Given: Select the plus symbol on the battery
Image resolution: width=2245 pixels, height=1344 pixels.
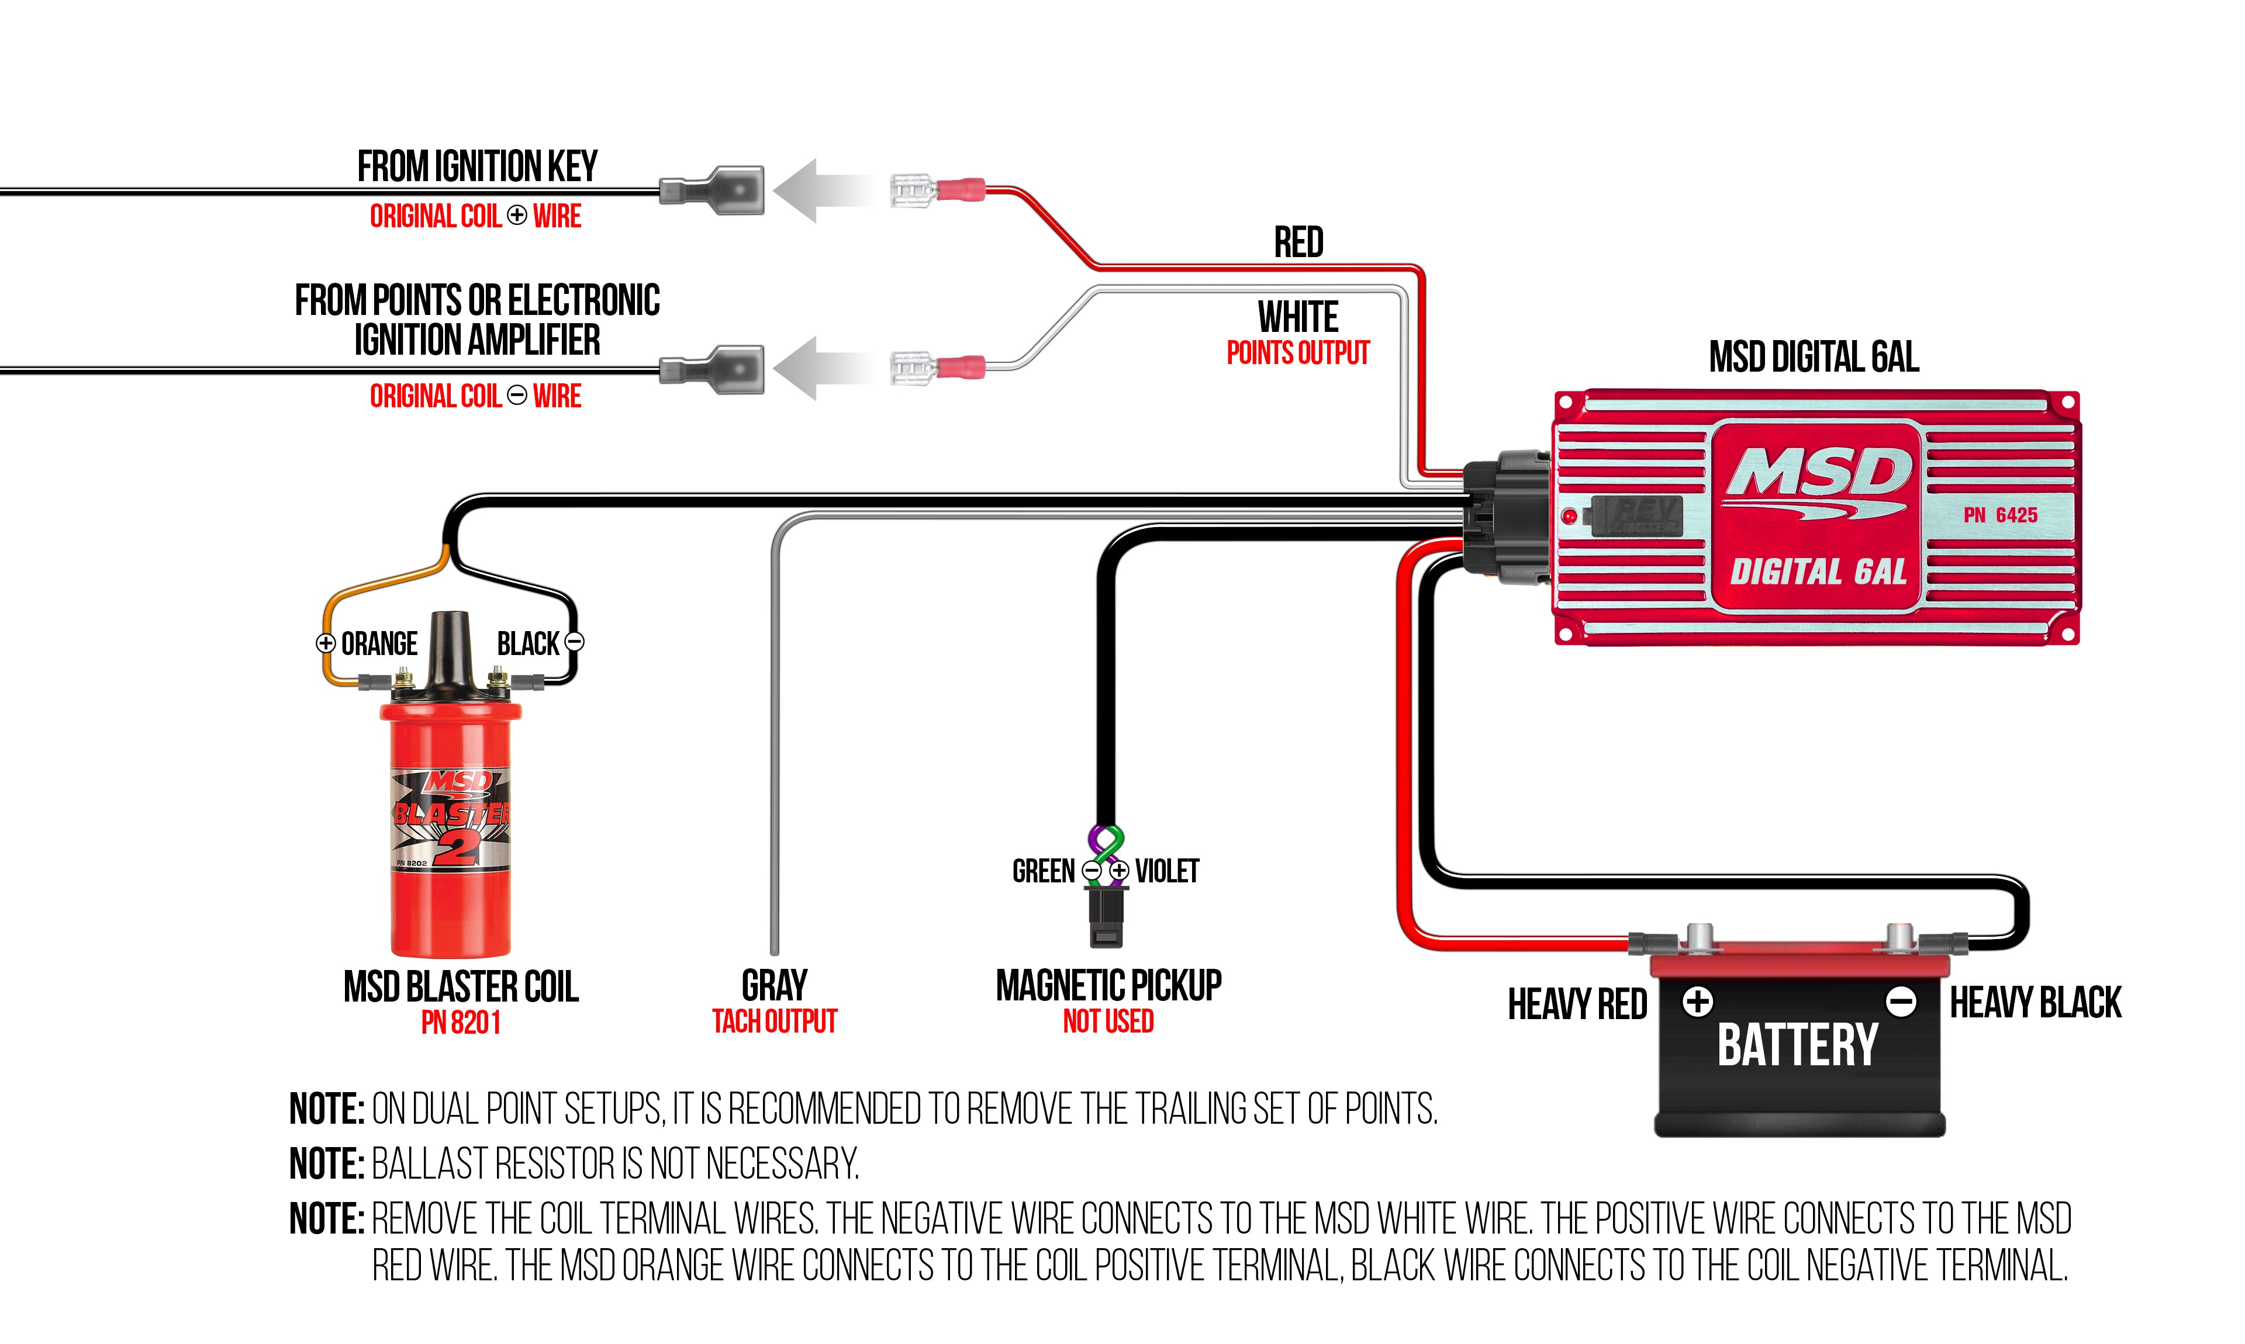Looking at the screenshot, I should click(1698, 1002).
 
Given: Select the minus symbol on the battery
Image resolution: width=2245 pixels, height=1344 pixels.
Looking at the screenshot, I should click(1901, 1002).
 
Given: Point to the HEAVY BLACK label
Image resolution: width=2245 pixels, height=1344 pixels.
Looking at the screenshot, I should click(2035, 1003).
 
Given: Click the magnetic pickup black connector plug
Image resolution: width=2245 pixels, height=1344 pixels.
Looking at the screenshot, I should click(1106, 916).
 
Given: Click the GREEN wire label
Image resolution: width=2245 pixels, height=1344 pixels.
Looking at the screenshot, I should click(1043, 871).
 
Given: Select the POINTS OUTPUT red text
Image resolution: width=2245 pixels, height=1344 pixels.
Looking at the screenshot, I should click(1297, 353).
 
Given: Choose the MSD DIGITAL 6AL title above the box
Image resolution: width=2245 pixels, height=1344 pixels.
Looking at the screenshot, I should click(1814, 357).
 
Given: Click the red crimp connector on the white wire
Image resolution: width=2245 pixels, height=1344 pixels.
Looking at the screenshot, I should click(961, 368).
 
